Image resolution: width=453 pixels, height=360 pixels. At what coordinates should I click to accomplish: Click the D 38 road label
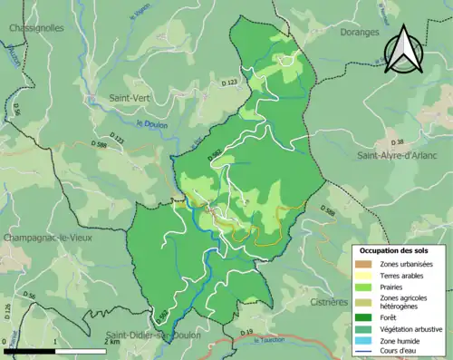tap(397, 142)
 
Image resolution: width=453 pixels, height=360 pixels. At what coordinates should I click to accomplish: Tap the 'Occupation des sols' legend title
tap(400, 249)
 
